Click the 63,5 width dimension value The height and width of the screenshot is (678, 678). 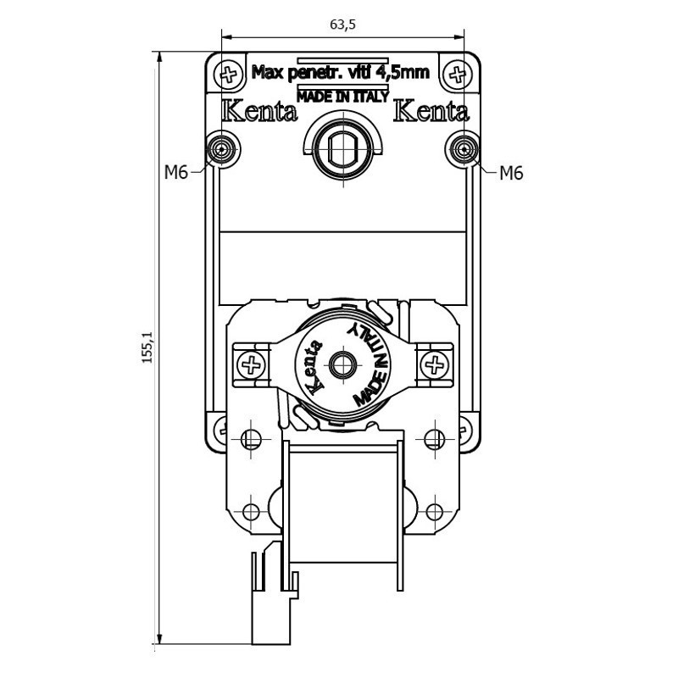342,25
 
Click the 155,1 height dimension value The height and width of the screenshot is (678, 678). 147,347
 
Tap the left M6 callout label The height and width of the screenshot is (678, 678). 176,173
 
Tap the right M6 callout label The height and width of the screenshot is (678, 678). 511,174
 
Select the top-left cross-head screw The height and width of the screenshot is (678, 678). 228,75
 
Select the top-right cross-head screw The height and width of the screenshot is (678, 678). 458,75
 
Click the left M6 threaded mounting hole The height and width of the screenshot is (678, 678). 222,149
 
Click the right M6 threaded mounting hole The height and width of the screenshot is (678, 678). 464,149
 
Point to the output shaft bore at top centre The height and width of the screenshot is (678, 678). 343,149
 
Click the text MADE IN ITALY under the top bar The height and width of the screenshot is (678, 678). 343,97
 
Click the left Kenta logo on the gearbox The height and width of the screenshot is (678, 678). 259,111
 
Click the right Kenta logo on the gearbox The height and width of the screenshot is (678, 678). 431,111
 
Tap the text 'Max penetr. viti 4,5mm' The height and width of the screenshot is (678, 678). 341,72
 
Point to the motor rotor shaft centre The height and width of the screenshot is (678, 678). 343,364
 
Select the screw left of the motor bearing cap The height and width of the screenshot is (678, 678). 251,364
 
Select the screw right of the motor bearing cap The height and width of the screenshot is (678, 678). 435,364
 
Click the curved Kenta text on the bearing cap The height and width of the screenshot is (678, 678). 314,367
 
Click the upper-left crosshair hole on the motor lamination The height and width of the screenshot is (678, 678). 251,439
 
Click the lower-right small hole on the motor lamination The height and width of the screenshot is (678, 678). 435,513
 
